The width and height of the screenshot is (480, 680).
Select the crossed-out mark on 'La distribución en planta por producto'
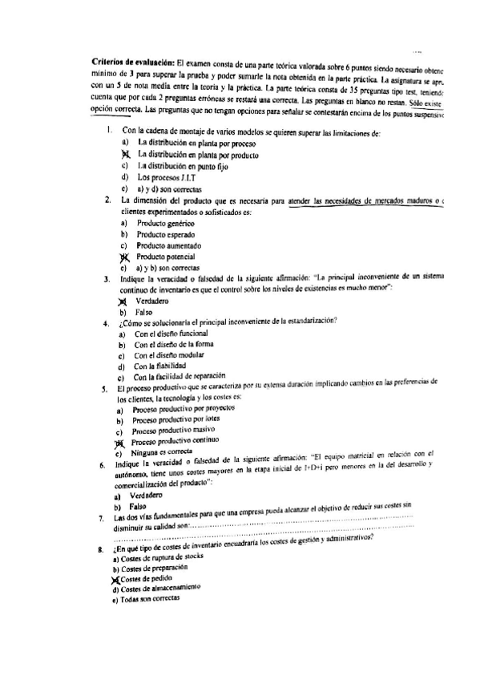click(x=125, y=153)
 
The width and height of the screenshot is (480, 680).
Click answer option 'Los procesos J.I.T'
click(x=166, y=176)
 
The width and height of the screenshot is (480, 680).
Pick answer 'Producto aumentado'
click(x=169, y=245)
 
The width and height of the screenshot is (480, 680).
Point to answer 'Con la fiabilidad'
click(x=160, y=366)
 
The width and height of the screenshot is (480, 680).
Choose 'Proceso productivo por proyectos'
click(x=183, y=410)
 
